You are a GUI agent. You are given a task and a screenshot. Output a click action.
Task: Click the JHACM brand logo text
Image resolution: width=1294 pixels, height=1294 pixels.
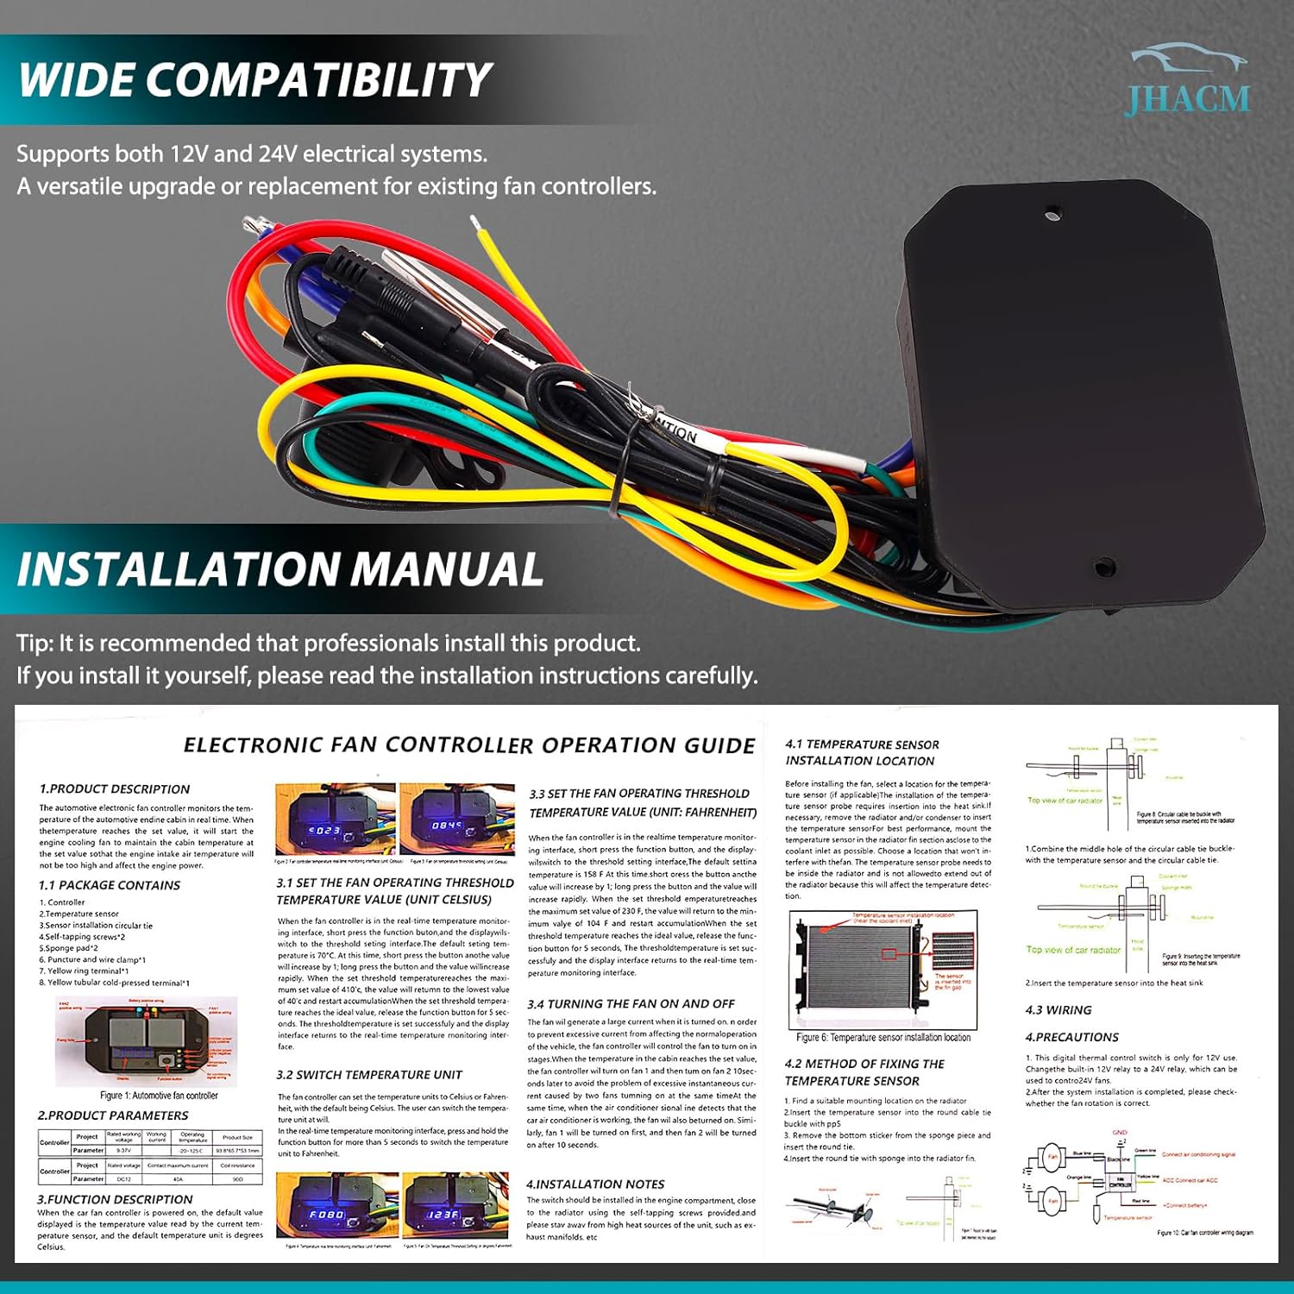click(1187, 99)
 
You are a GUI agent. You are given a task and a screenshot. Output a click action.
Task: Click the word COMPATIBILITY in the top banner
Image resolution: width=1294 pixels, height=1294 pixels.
click(318, 80)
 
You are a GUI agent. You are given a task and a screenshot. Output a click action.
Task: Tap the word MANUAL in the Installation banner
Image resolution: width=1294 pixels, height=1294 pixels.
click(447, 569)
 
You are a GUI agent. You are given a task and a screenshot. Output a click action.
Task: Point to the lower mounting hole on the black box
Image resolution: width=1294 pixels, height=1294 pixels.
click(1102, 567)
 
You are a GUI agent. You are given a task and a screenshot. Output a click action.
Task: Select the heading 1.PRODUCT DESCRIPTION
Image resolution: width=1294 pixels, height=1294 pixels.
click(114, 789)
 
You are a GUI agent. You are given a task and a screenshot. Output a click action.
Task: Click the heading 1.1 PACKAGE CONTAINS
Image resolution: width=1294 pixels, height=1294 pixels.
click(110, 885)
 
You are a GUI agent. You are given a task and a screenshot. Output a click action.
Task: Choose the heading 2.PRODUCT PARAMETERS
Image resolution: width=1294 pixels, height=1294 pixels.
click(113, 1115)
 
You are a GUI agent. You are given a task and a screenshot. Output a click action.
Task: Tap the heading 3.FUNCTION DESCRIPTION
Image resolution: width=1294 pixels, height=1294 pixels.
click(115, 1199)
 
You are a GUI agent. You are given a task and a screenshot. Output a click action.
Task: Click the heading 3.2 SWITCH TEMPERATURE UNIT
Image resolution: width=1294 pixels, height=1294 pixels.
click(369, 1075)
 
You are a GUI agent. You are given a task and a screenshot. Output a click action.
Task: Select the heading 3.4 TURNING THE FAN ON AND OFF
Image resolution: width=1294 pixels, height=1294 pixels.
click(631, 1004)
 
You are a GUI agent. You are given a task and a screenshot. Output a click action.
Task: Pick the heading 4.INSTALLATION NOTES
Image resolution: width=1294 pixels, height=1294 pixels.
click(595, 1184)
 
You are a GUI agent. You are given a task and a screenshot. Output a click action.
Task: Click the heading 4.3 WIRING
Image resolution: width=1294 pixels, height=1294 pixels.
click(1058, 1010)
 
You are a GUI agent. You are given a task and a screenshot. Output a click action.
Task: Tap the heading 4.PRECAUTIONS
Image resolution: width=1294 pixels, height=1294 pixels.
click(1071, 1037)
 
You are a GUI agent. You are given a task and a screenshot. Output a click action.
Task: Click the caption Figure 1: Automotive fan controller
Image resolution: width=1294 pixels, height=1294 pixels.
click(159, 1096)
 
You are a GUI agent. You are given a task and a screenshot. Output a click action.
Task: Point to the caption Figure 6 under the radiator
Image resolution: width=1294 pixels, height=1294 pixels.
click(883, 1038)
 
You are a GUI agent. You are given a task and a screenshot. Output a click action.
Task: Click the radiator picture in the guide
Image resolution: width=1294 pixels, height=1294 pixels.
click(883, 970)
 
